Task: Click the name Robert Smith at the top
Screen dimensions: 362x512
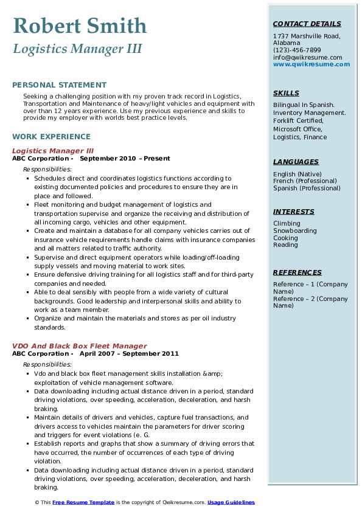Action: coord(79,26)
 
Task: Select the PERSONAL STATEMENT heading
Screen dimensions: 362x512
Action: coord(59,85)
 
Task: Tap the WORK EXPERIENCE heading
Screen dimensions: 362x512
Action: coord(51,137)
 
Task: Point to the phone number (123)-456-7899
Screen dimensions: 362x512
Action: coord(297,50)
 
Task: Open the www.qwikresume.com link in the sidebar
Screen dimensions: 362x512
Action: coord(312,64)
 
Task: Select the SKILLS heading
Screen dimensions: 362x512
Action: coord(286,93)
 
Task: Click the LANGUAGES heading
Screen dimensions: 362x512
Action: coord(296,162)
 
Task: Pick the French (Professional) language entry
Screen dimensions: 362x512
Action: coord(307,181)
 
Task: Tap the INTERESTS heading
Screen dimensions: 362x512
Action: coord(293,212)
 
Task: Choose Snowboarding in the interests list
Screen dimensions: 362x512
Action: coord(294,231)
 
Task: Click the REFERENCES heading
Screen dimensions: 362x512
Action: coord(298,272)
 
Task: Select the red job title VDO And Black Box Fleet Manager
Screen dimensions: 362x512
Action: coord(79,346)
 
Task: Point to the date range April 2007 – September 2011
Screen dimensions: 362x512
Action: coord(129,353)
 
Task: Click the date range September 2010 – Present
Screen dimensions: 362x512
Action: coord(125,158)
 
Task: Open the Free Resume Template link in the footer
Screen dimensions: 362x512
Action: coord(83,502)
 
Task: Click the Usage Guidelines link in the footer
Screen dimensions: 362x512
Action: coord(231,502)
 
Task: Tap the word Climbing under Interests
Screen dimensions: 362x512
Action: coord(287,224)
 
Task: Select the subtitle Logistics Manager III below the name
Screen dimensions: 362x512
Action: coord(77,49)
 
